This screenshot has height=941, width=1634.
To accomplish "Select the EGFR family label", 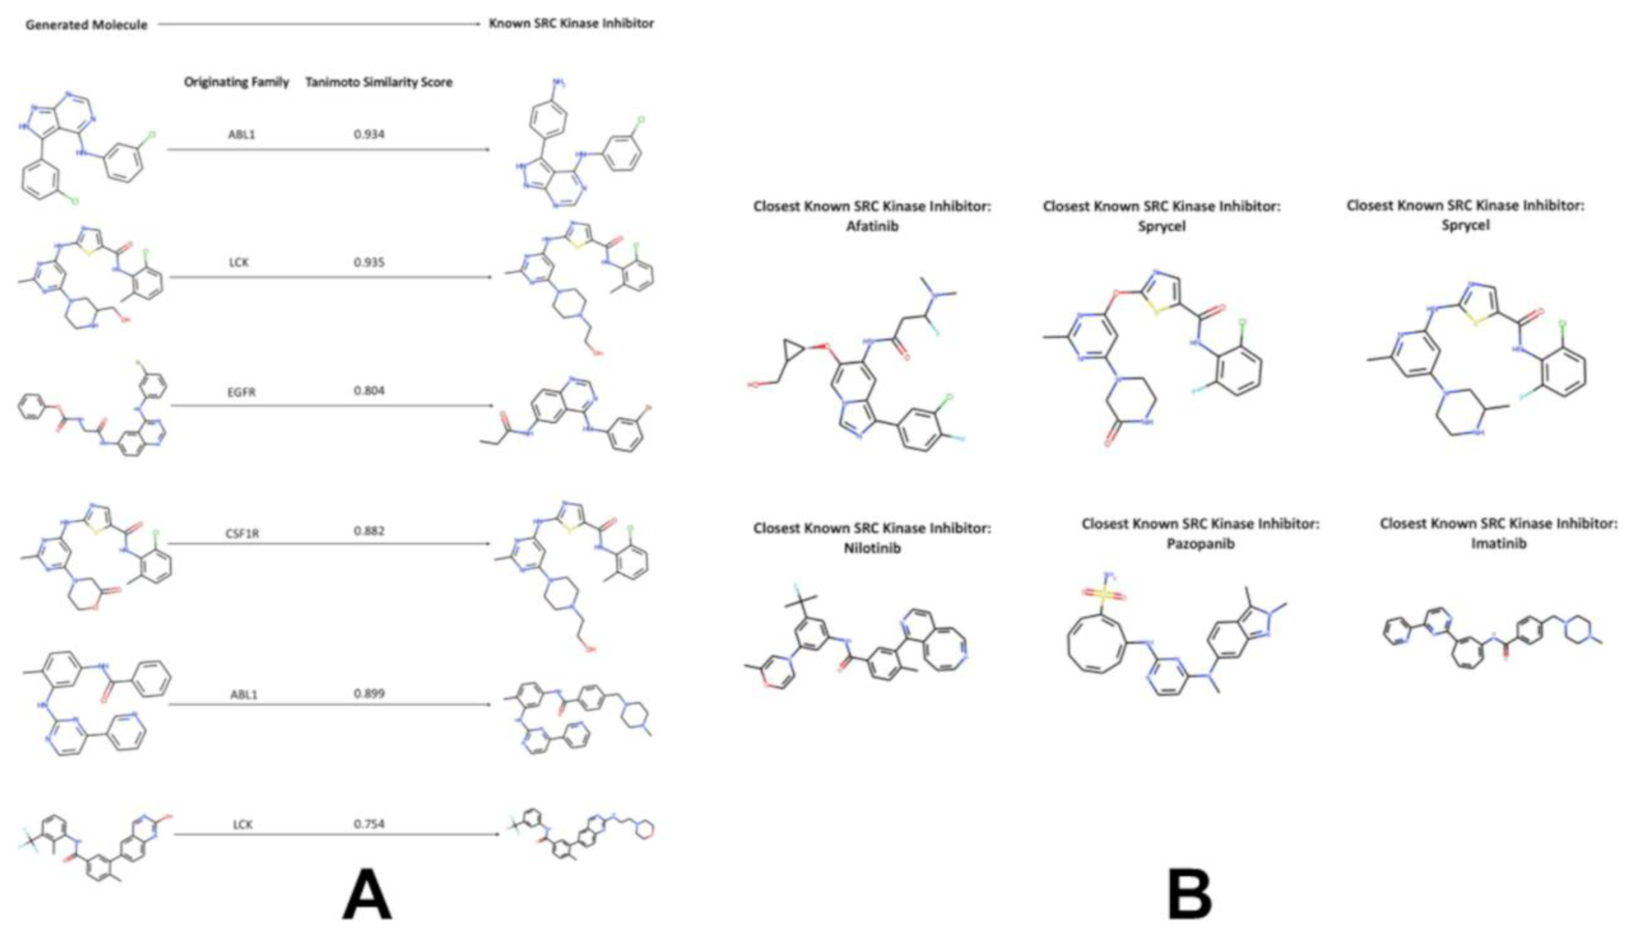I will click(241, 392).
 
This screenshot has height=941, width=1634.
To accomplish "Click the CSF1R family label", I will click(242, 533).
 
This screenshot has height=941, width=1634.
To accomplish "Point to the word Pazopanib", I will click(1200, 543).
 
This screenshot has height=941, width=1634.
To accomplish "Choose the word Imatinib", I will click(1498, 543).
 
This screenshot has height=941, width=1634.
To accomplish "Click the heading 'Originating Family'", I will click(236, 82).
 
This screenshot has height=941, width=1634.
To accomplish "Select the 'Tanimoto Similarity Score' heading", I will click(379, 82).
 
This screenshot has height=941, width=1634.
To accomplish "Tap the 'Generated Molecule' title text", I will click(86, 25).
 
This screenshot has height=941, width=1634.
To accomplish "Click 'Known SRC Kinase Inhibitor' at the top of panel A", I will click(571, 23).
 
